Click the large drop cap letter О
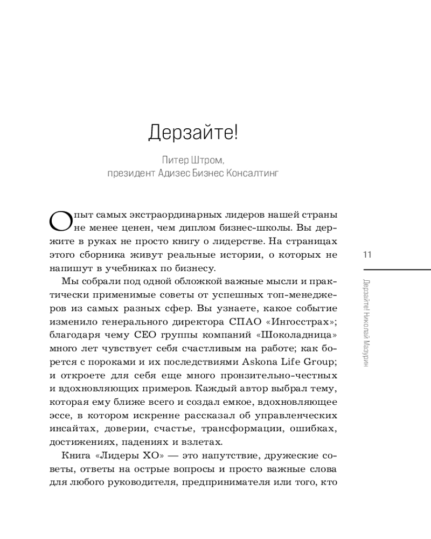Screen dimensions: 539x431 [x=58, y=220]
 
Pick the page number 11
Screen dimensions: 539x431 [x=368, y=254]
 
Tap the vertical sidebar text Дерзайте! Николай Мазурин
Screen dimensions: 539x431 [x=367, y=323]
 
